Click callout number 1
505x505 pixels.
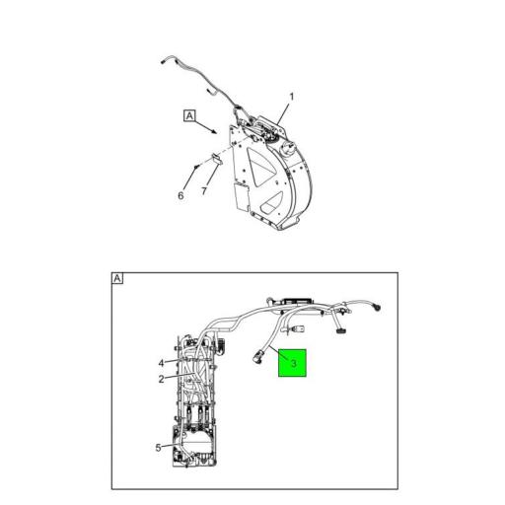(x=291, y=97)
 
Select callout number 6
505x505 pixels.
(x=180, y=195)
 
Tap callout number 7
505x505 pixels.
(x=204, y=191)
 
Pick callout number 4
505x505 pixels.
(x=161, y=363)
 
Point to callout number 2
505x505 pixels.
(x=161, y=379)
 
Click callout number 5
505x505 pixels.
(x=158, y=448)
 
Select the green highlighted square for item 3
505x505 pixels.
(x=292, y=363)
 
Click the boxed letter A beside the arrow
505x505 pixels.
(x=189, y=115)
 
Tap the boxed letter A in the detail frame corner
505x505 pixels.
(x=117, y=278)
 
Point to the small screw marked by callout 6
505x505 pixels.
(x=196, y=167)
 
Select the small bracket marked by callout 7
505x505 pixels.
(x=216, y=159)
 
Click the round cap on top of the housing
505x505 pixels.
(x=287, y=149)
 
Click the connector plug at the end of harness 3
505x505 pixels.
(x=257, y=357)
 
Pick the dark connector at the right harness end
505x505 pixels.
(x=376, y=308)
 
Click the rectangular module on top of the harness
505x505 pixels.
(x=297, y=301)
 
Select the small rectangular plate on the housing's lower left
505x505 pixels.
(x=242, y=196)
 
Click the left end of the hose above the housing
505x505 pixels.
(x=162, y=61)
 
